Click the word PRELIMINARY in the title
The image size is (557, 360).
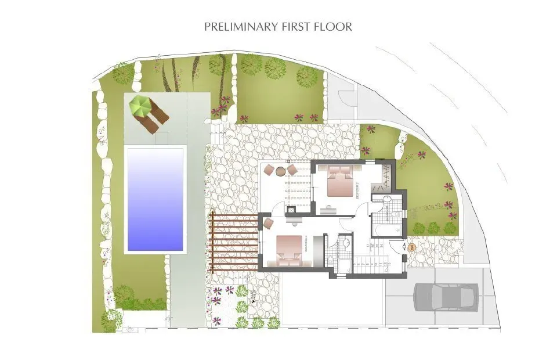tap(236, 27)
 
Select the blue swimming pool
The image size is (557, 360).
tap(155, 199)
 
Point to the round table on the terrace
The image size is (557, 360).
tap(281, 171)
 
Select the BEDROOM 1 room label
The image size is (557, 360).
tap(306, 250)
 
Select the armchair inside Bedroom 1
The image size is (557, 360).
tap(269, 224)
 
